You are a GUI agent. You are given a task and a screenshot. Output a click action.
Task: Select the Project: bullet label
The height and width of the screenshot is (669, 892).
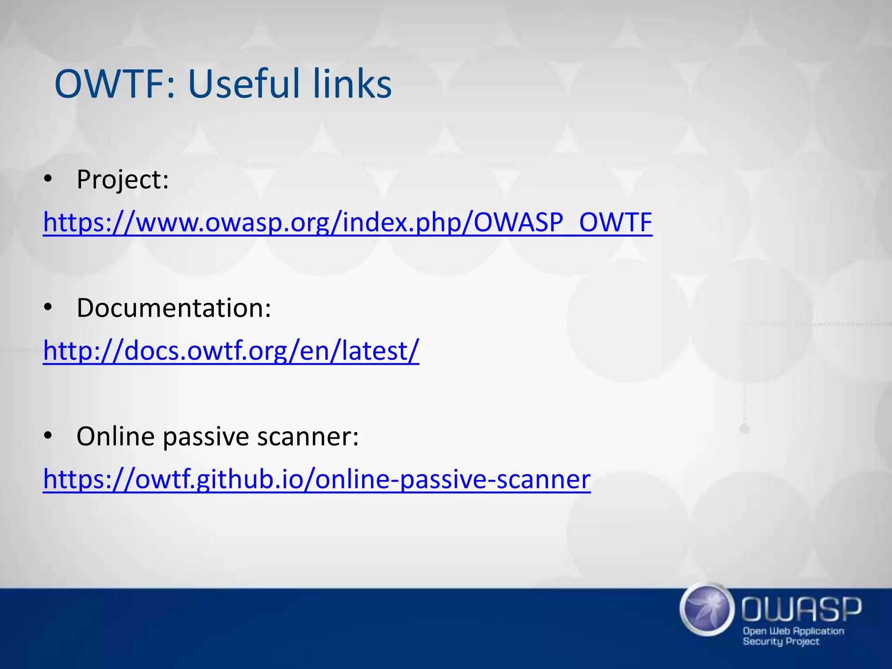(x=122, y=179)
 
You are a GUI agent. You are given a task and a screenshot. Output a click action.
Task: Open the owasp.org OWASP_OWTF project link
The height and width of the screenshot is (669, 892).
(x=347, y=223)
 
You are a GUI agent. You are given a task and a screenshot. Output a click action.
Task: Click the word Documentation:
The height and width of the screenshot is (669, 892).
(x=174, y=308)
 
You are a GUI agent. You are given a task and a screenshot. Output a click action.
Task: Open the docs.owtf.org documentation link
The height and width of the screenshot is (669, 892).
(x=231, y=351)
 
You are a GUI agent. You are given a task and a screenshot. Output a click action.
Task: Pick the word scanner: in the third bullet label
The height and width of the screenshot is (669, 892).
(x=308, y=436)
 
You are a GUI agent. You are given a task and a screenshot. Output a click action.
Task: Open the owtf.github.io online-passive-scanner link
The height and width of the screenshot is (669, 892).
(x=317, y=480)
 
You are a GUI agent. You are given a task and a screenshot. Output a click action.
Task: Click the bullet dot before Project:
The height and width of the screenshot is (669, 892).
(x=48, y=179)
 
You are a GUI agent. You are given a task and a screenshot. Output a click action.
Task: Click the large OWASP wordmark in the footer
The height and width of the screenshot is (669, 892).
(x=801, y=609)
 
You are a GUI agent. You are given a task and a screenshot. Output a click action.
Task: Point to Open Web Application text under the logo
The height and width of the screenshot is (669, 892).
(x=793, y=631)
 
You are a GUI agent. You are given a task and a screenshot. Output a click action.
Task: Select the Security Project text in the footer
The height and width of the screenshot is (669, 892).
(x=781, y=642)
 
